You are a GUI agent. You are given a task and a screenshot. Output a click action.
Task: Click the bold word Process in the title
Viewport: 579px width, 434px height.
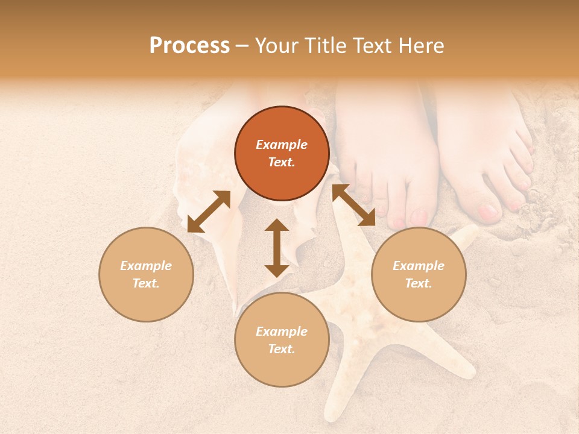pos(189,46)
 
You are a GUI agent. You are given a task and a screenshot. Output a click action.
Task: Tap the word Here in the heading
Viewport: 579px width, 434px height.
pos(420,46)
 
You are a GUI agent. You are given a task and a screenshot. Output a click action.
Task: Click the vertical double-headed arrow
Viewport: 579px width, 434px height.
pos(277,248)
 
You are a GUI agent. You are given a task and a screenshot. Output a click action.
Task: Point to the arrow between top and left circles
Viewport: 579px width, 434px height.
pos(209,212)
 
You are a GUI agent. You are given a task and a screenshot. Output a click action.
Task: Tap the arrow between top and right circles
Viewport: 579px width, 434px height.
pos(353,205)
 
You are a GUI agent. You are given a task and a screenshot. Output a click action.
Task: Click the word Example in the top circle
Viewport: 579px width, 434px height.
pos(282,145)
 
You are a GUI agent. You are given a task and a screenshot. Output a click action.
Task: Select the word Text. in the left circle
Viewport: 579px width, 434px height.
pos(146,283)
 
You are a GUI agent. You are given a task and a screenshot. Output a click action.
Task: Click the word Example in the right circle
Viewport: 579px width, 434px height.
pos(419,266)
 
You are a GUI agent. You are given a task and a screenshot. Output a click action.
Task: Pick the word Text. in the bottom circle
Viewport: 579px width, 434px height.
pos(282,349)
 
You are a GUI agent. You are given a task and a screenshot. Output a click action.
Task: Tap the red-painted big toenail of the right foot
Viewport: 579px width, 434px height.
pos(488,212)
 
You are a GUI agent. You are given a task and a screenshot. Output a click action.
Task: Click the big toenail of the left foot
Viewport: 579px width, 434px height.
pos(419,216)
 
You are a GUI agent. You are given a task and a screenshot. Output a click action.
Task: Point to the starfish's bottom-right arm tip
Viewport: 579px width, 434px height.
pos(467,371)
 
